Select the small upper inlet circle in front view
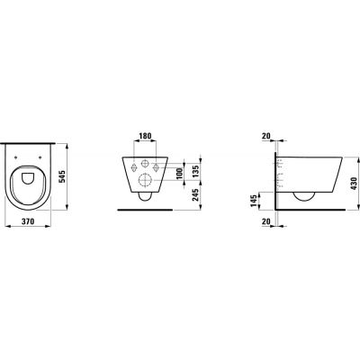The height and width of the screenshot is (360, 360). tap(145, 162)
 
